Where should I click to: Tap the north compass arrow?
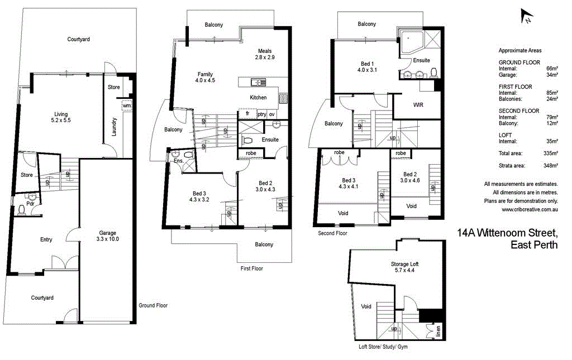point(525,17)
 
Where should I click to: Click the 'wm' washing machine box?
point(126,105)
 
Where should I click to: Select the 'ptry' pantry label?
point(261,114)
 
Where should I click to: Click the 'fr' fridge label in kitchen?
point(247,114)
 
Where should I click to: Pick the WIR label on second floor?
point(418,105)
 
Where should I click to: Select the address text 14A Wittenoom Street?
point(507,232)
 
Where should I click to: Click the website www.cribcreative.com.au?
point(530,210)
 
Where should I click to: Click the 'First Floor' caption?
point(251,268)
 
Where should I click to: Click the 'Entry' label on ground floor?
point(46,240)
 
